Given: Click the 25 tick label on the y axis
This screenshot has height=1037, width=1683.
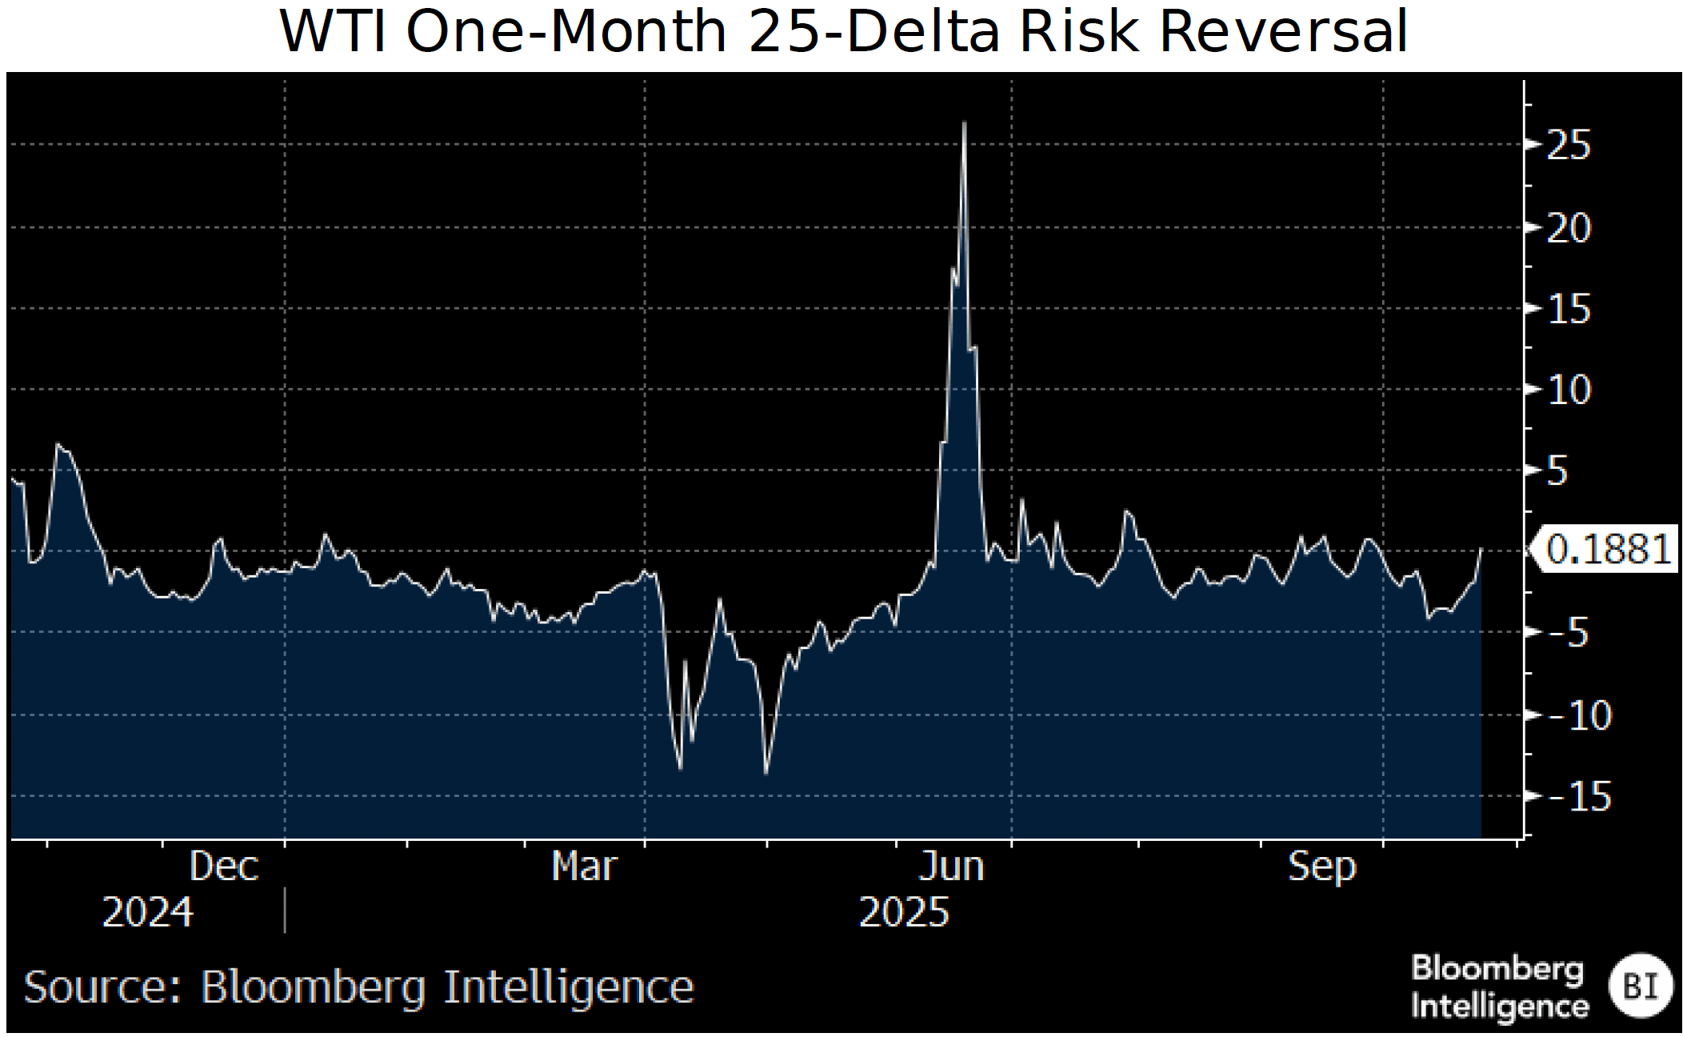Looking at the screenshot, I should tap(1569, 146).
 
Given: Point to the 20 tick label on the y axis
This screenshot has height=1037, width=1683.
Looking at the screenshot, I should tap(1569, 230).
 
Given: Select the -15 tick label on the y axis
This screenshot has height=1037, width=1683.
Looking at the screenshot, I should tap(1580, 797).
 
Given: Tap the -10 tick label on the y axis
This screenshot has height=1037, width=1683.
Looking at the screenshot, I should tap(1580, 716).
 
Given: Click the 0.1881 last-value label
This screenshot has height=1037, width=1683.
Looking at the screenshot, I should tap(1608, 550).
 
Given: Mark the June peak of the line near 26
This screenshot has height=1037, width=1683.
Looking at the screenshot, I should tap(965, 123).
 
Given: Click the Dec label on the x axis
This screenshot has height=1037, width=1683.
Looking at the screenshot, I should tap(224, 867).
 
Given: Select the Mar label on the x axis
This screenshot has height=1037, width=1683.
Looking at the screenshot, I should tap(584, 867).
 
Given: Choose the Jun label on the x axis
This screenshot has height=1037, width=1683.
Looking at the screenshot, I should tap(951, 867).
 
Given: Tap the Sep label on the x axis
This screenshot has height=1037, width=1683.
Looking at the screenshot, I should tap(1321, 867).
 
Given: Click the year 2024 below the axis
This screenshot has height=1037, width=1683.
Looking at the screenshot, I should tap(147, 913).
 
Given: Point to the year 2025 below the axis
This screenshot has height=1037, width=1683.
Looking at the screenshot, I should tap(904, 913).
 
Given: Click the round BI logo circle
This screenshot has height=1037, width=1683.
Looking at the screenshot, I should tap(1640, 986).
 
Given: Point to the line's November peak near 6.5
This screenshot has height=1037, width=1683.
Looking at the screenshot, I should tap(58, 444).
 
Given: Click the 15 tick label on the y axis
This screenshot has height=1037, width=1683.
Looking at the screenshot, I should tap(1569, 310).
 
